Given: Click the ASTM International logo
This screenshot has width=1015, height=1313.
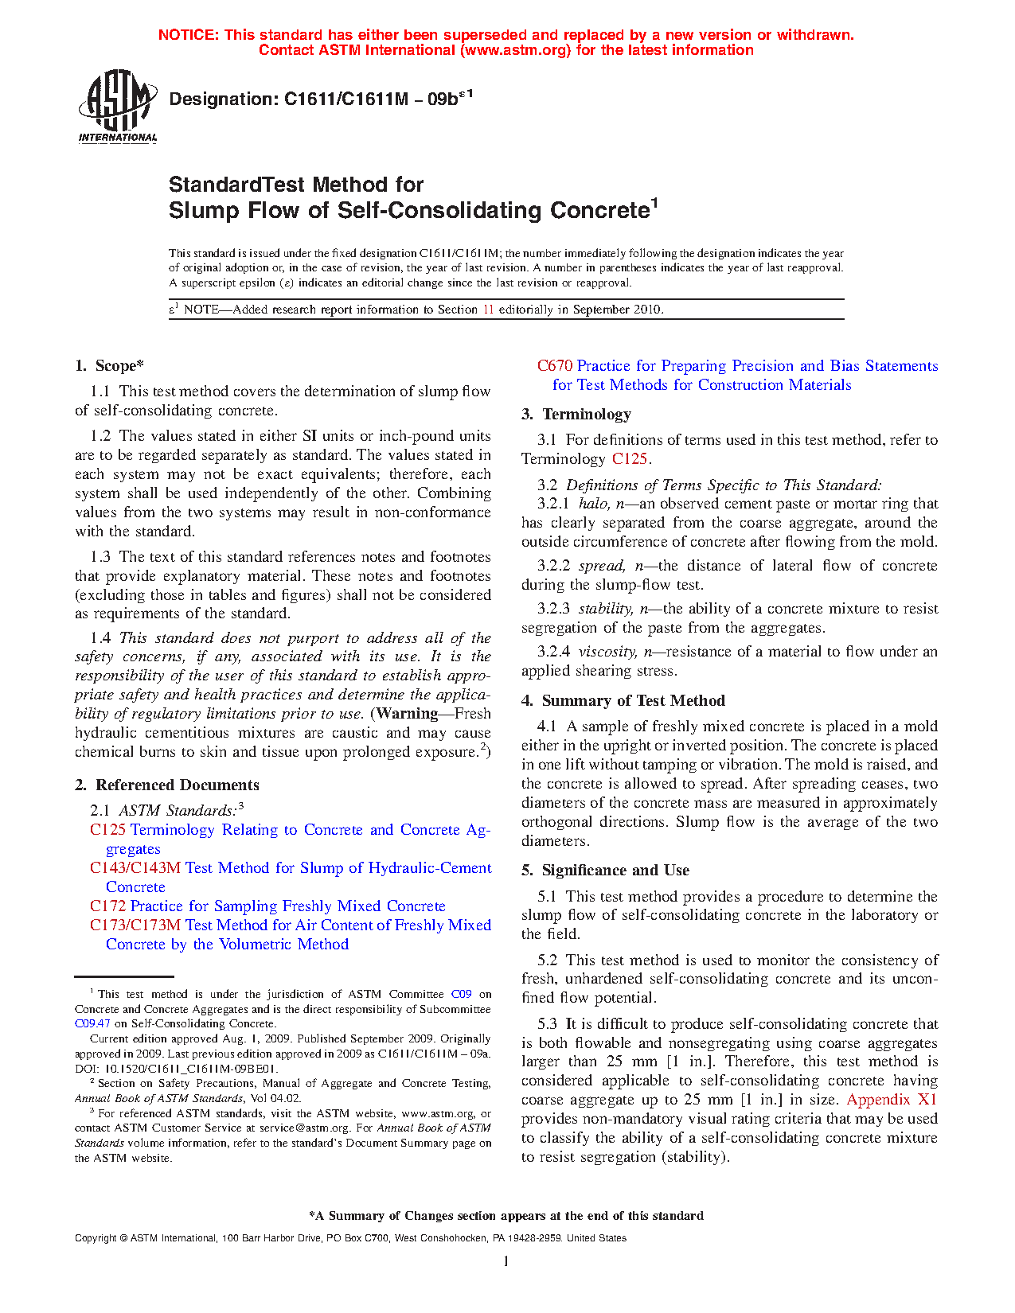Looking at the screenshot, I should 117,106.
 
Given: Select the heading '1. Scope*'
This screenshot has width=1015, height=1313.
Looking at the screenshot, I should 109,366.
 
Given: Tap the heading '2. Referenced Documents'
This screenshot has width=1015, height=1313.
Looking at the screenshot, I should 167,785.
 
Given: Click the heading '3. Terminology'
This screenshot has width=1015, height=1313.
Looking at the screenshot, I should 576,415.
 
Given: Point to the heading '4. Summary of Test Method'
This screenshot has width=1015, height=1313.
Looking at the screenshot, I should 623,701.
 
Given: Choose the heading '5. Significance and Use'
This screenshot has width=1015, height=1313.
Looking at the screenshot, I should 605,871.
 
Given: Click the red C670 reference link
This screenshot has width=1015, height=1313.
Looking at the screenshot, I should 555,366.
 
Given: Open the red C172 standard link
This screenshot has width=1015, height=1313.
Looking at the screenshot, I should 107,906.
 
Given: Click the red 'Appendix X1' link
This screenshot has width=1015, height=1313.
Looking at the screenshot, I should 892,1100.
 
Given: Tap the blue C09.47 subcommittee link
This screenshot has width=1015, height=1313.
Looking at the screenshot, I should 92,1023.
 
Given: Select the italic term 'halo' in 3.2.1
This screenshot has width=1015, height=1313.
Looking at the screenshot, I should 593,504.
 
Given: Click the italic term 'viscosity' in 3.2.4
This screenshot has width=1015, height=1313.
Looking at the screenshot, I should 607,652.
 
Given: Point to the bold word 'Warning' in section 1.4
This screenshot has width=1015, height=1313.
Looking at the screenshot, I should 407,714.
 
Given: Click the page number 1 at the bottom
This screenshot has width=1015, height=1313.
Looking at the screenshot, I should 506,1260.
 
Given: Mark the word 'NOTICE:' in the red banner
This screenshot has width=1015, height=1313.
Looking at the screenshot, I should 188,35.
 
